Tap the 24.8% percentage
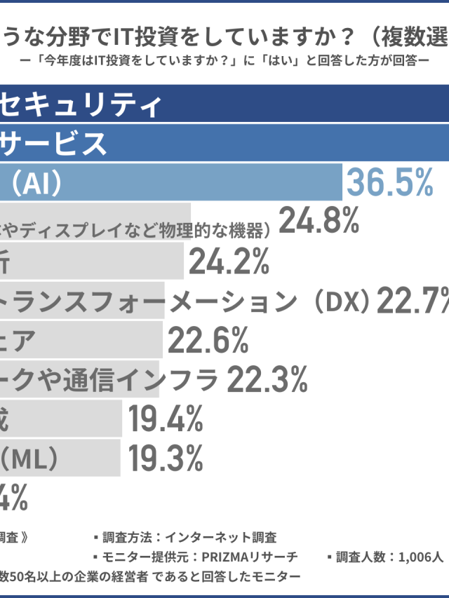(319, 222)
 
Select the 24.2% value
(229, 262)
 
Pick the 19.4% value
(166, 420)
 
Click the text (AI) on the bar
(39, 183)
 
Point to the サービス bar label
(53, 144)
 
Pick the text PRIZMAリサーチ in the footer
(250, 557)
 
